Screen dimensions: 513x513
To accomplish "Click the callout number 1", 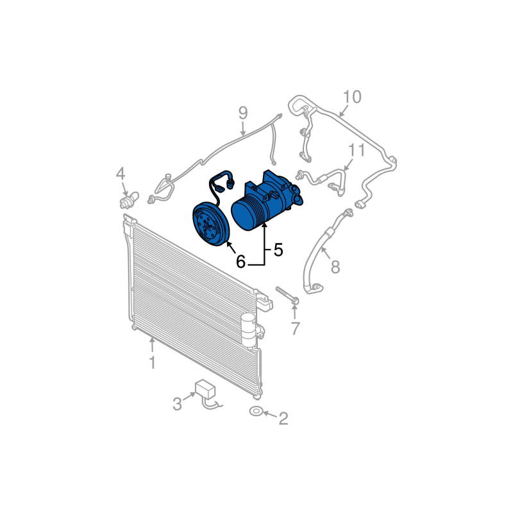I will pos(152,363).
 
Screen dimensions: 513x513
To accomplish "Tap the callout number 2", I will pos(283,419).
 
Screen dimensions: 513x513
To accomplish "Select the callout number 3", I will pos(178,404).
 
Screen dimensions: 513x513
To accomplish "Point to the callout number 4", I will pos(121,173).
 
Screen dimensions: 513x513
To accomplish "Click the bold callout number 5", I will pos(278,250).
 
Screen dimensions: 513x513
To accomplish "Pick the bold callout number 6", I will pos(240,262).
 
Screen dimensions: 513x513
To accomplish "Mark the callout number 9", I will pos(242,114).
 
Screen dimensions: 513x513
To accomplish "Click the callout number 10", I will pos(351,97).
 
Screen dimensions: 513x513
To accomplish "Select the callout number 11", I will pos(356,151).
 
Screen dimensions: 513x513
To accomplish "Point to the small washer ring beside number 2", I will pos(256,411).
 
